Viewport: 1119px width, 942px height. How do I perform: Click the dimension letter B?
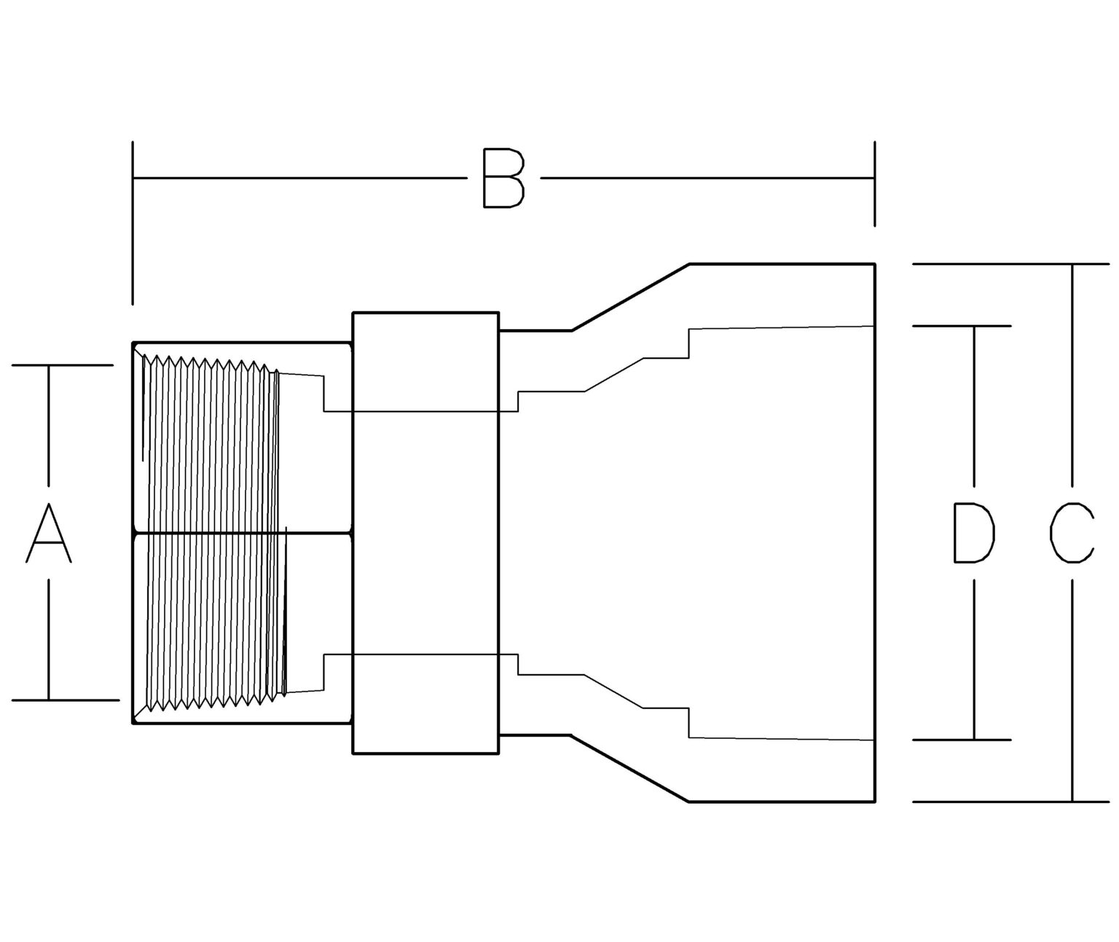[x=503, y=178]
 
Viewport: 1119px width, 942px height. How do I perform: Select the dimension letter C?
[x=1071, y=534]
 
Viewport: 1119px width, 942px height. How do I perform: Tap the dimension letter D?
[x=974, y=534]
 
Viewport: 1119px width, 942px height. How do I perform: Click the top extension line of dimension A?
[x=62, y=365]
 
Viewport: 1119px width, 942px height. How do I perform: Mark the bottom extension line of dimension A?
[x=66, y=700]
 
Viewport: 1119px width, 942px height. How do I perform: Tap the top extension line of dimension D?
[x=962, y=325]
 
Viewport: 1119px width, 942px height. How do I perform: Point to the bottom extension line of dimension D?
[x=962, y=740]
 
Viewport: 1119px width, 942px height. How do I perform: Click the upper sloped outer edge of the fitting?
[x=630, y=297]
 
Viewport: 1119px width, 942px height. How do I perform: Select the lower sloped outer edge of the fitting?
[x=630, y=769]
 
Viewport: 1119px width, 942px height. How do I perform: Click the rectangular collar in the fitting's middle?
[x=425, y=532]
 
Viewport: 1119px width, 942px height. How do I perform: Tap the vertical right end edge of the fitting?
[x=874, y=532]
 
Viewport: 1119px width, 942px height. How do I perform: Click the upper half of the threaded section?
[x=211, y=444]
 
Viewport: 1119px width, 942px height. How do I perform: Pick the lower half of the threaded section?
[x=211, y=619]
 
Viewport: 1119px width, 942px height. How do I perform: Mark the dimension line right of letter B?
[x=707, y=177]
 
